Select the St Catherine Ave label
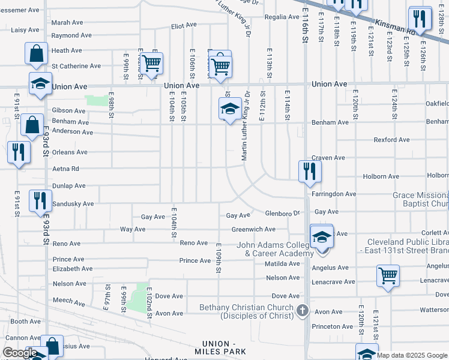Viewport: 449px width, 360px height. pyautogui.click(x=76, y=66)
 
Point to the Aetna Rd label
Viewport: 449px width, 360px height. pyautogui.click(x=67, y=169)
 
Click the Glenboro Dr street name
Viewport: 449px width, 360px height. pyautogui.click(x=282, y=214)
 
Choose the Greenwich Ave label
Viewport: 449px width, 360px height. pyautogui.click(x=253, y=229)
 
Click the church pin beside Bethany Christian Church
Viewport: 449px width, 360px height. pyautogui.click(x=303, y=310)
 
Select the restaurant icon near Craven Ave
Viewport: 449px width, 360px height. pyautogui.click(x=310, y=170)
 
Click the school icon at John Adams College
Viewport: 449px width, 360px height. pyautogui.click(x=322, y=236)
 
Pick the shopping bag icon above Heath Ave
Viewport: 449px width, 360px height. pyautogui.click(x=37, y=53)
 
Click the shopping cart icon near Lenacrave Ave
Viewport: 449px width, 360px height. pyautogui.click(x=388, y=276)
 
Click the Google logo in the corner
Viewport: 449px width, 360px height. pyautogui.click(x=19, y=353)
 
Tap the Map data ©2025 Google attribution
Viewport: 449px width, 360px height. pyautogui.click(x=412, y=355)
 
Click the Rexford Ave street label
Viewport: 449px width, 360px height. pyautogui.click(x=391, y=140)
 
